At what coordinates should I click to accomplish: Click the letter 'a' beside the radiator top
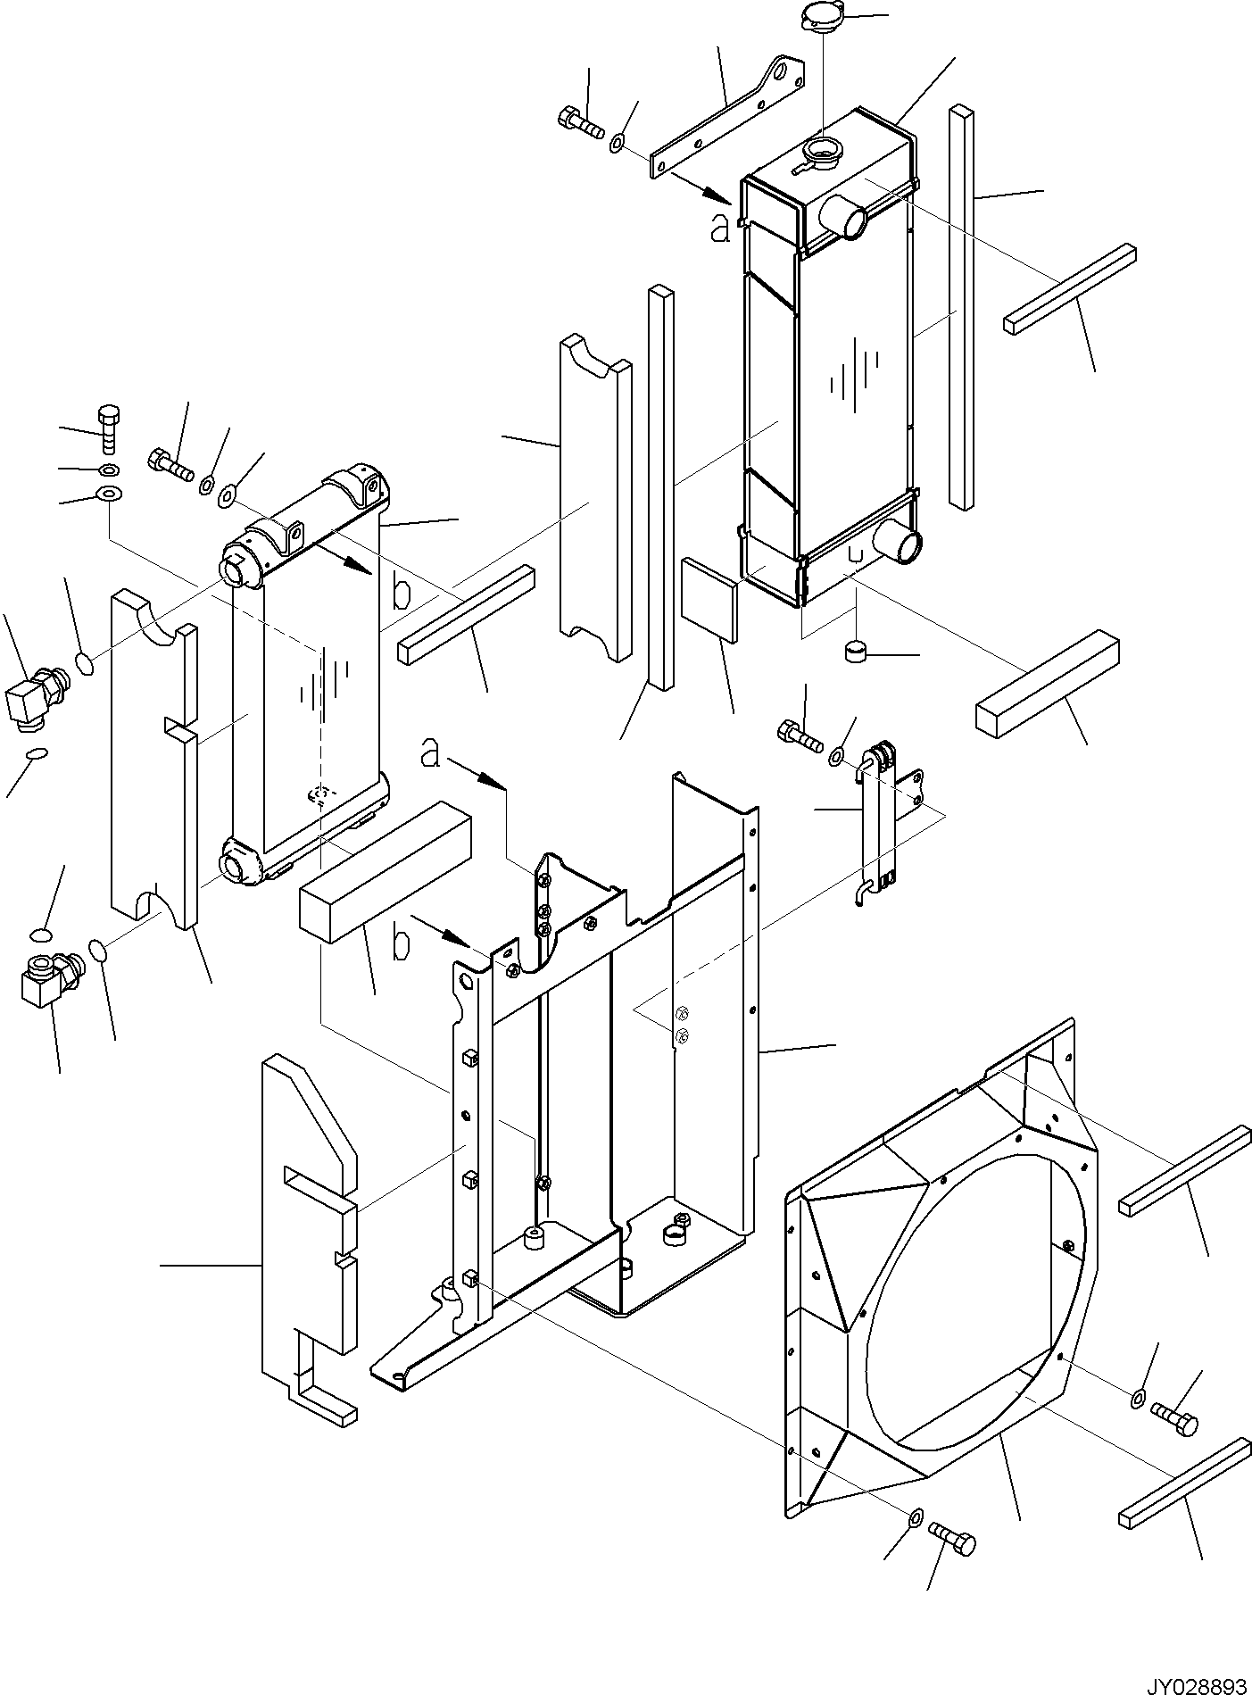(x=719, y=228)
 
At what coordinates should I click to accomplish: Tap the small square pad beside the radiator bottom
(x=709, y=599)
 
